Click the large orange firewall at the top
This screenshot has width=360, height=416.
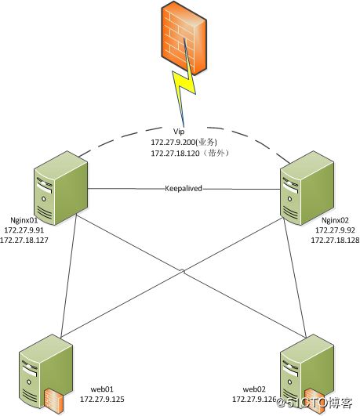click(x=184, y=38)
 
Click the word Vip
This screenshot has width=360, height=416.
click(x=179, y=132)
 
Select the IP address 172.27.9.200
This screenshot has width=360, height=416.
click(x=173, y=143)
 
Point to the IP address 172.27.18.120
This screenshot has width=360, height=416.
click(x=175, y=154)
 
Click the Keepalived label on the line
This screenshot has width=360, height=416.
click(x=184, y=188)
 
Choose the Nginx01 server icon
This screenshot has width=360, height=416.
click(x=61, y=188)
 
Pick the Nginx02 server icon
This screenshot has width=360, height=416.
click(x=307, y=188)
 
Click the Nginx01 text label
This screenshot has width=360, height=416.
click(x=24, y=220)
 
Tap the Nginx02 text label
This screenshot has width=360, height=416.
click(x=335, y=220)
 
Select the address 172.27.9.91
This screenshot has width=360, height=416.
click(x=24, y=230)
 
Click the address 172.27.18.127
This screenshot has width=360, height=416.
click(x=24, y=240)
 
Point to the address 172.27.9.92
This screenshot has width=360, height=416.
click(x=335, y=230)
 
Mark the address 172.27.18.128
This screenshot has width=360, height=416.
click(x=335, y=240)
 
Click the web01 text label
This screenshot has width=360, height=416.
click(x=102, y=389)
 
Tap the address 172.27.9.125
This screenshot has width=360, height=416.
click(x=102, y=399)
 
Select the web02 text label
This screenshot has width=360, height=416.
click(x=254, y=389)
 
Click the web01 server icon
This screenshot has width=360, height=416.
click(x=45, y=374)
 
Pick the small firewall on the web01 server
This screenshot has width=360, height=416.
click(x=54, y=400)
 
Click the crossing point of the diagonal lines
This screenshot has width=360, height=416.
click(x=183, y=271)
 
